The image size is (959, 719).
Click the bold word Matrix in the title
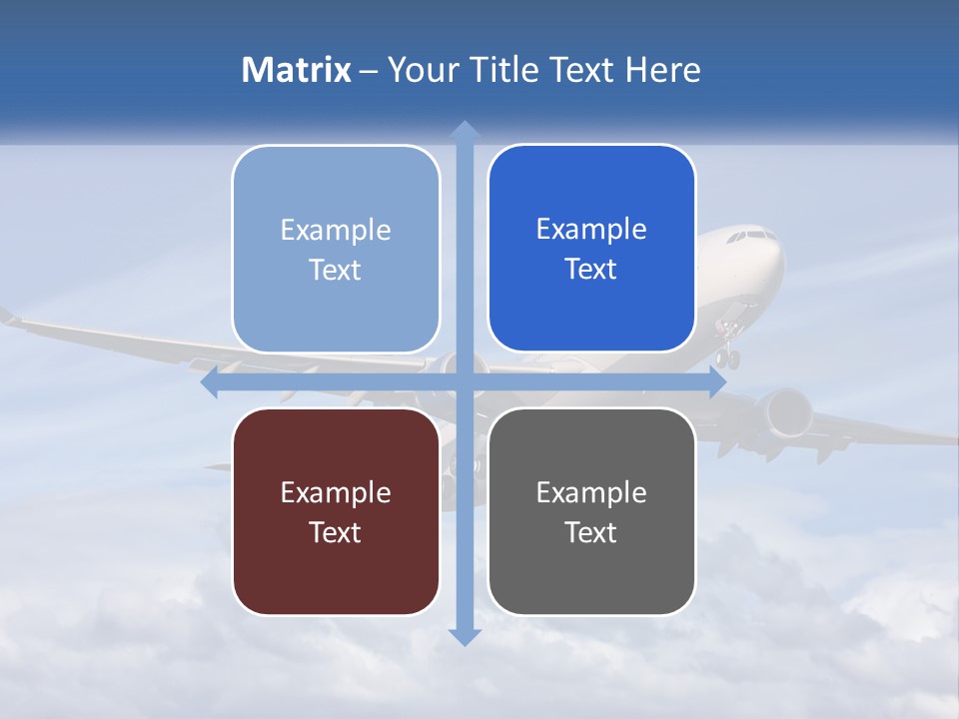coord(297,70)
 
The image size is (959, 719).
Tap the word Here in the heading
coord(662,70)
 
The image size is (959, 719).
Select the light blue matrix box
coord(336,249)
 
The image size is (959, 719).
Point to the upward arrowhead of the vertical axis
coord(464,129)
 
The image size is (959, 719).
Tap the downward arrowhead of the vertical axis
coord(464,636)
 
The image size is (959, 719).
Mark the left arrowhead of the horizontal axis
coord(210,382)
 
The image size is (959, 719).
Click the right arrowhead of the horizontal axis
coord(717,382)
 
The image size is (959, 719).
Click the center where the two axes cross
coord(464,382)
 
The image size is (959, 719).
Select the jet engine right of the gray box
coord(784,410)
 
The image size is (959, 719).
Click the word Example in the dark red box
coord(336,492)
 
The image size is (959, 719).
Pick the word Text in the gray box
coord(591,532)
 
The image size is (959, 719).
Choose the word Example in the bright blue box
coord(591,229)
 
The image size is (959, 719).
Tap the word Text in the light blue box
coord(336,270)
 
